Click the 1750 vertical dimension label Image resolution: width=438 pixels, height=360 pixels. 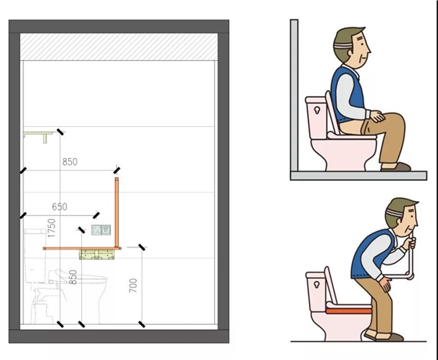click(52, 228)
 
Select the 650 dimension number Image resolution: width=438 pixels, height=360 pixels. click(59, 207)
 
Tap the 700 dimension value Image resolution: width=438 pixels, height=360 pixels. click(133, 286)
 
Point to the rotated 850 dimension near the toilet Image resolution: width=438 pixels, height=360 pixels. click(73, 277)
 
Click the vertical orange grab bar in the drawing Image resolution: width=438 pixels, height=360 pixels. click(117, 212)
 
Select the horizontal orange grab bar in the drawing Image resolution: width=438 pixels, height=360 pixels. click(82, 248)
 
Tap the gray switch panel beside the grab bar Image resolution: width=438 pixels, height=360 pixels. click(101, 230)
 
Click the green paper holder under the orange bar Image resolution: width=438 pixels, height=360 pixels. click(97, 254)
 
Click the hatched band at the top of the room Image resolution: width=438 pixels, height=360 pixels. click(119, 47)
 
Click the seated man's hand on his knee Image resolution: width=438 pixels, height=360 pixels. click(378, 117)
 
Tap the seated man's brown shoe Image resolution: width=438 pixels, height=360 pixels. click(396, 167)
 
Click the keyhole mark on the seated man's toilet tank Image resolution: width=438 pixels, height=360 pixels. click(317, 110)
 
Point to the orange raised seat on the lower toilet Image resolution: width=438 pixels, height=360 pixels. click(349, 311)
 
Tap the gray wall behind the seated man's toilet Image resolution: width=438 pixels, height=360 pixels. click(294, 95)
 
